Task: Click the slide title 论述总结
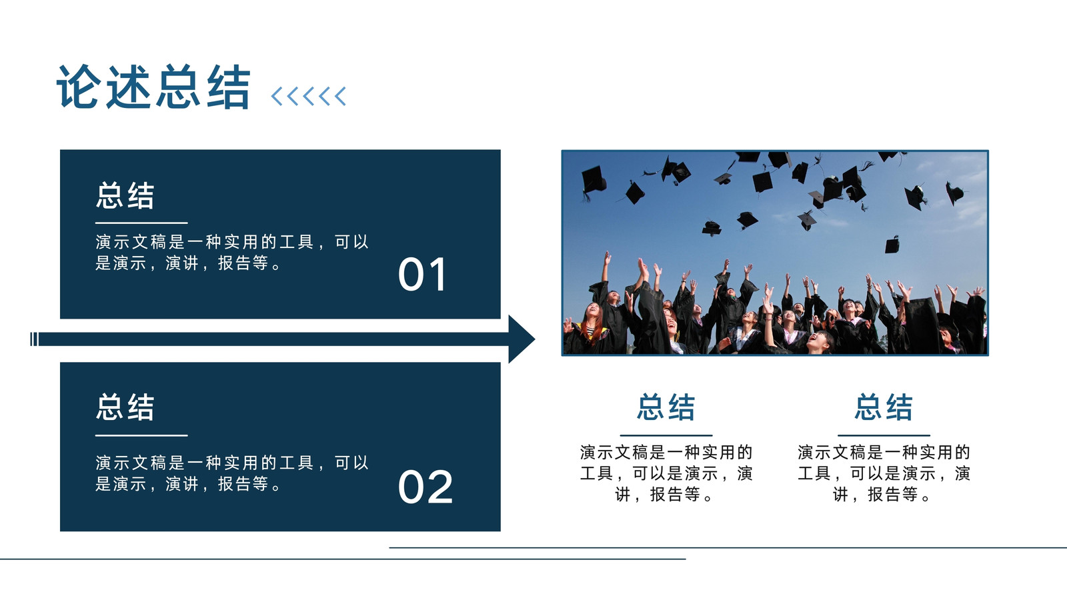(x=153, y=87)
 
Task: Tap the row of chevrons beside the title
(x=308, y=96)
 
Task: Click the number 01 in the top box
(x=422, y=274)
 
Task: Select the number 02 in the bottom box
(x=425, y=487)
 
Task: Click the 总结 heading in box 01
(x=125, y=195)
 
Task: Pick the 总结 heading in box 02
(x=125, y=407)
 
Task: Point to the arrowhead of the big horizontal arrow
(x=521, y=339)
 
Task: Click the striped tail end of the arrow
(x=34, y=339)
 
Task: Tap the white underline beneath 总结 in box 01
(x=141, y=223)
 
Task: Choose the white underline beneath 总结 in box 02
(x=141, y=435)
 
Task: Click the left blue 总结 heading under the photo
(x=666, y=407)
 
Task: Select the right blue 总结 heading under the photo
(x=884, y=407)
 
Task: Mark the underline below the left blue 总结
(x=666, y=435)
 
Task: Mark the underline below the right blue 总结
(x=884, y=435)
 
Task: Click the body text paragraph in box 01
(x=232, y=253)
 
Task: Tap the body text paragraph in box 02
(x=232, y=473)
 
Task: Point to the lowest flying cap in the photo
(x=892, y=245)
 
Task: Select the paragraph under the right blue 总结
(x=884, y=473)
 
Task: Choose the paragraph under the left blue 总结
(x=666, y=473)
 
